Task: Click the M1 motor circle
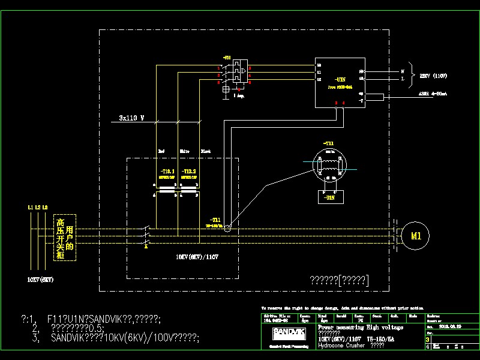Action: (416, 236)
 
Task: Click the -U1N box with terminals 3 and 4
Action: (340, 82)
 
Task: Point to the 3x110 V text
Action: (128, 118)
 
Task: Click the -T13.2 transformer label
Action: (189, 172)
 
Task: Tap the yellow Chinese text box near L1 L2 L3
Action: (65, 239)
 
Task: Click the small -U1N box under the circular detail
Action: (329, 195)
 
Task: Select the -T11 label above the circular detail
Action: (329, 143)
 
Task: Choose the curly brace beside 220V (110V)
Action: (410, 74)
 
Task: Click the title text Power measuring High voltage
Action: (359, 328)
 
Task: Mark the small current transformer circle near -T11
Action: (223, 228)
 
